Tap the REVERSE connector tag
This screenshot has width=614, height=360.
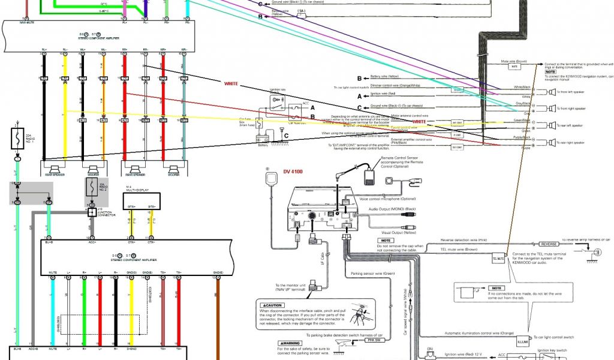coord(549,244)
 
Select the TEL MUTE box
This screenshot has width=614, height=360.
coord(499,258)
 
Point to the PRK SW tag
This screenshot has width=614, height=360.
coord(373,340)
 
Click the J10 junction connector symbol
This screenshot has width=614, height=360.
coord(92,212)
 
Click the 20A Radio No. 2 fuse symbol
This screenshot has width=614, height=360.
coord(92,186)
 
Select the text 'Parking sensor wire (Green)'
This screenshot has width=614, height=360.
coord(372,274)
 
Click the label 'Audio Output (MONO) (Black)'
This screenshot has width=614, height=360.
coord(392,209)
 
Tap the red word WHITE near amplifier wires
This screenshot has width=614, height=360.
coord(231,83)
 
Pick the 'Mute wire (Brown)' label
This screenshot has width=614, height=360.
coord(514,62)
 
